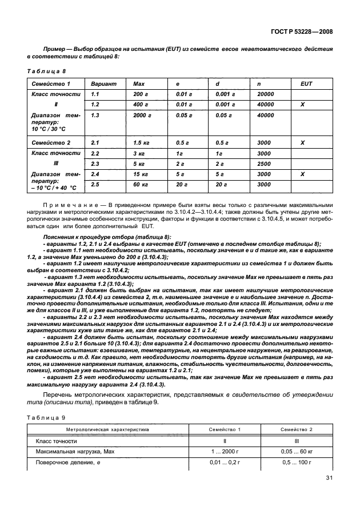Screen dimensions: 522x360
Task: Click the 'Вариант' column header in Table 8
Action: point(103,83)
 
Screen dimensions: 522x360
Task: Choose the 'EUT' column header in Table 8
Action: point(306,83)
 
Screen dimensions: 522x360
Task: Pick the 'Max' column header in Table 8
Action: point(139,83)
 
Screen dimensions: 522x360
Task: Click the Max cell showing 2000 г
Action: point(142,115)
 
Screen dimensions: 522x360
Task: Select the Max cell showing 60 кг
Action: point(141,184)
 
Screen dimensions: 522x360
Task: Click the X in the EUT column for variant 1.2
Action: point(302,105)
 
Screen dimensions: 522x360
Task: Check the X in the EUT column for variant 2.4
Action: point(302,174)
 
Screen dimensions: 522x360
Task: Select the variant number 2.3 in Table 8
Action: point(95,164)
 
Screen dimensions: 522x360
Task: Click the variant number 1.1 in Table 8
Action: point(95,94)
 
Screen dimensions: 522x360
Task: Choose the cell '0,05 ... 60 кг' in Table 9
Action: point(295,452)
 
